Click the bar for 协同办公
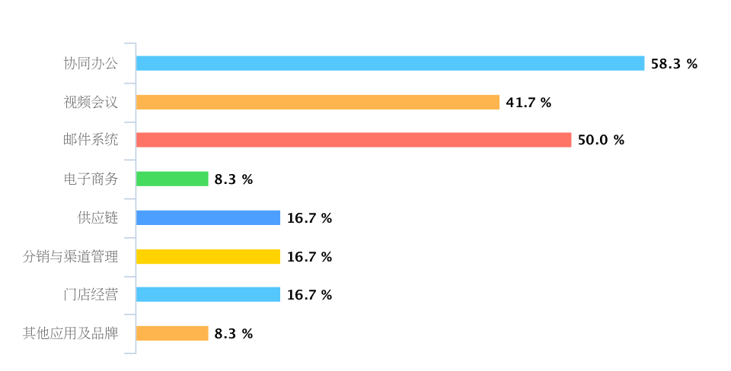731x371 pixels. (x=390, y=64)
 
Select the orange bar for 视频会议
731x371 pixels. (x=318, y=103)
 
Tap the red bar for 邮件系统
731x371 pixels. (x=353, y=140)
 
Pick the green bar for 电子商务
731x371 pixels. (x=172, y=179)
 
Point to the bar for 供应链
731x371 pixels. (x=208, y=218)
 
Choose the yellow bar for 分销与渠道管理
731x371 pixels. (x=208, y=257)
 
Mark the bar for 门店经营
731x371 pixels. (x=208, y=295)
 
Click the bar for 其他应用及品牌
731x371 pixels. (x=172, y=334)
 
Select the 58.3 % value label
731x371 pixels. (x=674, y=64)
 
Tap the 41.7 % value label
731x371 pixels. (x=528, y=103)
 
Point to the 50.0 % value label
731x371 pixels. (x=601, y=140)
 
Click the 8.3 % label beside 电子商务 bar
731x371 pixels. (x=233, y=179)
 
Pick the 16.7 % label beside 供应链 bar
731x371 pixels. (x=309, y=218)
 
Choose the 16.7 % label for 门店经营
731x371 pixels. (x=309, y=295)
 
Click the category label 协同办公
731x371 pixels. (x=91, y=64)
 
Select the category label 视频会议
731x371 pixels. (x=91, y=103)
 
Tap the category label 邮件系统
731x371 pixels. (x=91, y=140)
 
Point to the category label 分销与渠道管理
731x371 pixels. (x=70, y=257)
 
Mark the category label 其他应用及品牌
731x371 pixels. (x=70, y=334)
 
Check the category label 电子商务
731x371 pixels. (x=91, y=179)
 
